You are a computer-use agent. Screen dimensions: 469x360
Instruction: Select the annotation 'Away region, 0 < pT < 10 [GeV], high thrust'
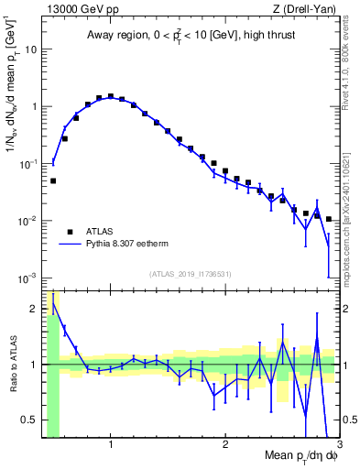[x=190, y=37]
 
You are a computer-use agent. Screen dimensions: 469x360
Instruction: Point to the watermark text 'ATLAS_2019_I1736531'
[x=191, y=273]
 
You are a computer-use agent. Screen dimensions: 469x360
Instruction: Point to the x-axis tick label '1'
[x=111, y=445]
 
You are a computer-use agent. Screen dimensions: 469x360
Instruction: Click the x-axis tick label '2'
[x=225, y=445]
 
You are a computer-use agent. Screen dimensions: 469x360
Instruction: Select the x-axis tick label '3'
[x=338, y=445]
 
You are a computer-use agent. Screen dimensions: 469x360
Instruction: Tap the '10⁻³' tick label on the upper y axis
[x=27, y=278]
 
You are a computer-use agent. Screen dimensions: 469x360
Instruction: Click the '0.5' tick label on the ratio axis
[x=29, y=420]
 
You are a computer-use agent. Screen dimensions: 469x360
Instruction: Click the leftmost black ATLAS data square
[x=53, y=180]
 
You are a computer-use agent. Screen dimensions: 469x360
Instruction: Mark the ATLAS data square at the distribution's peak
[x=111, y=95]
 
